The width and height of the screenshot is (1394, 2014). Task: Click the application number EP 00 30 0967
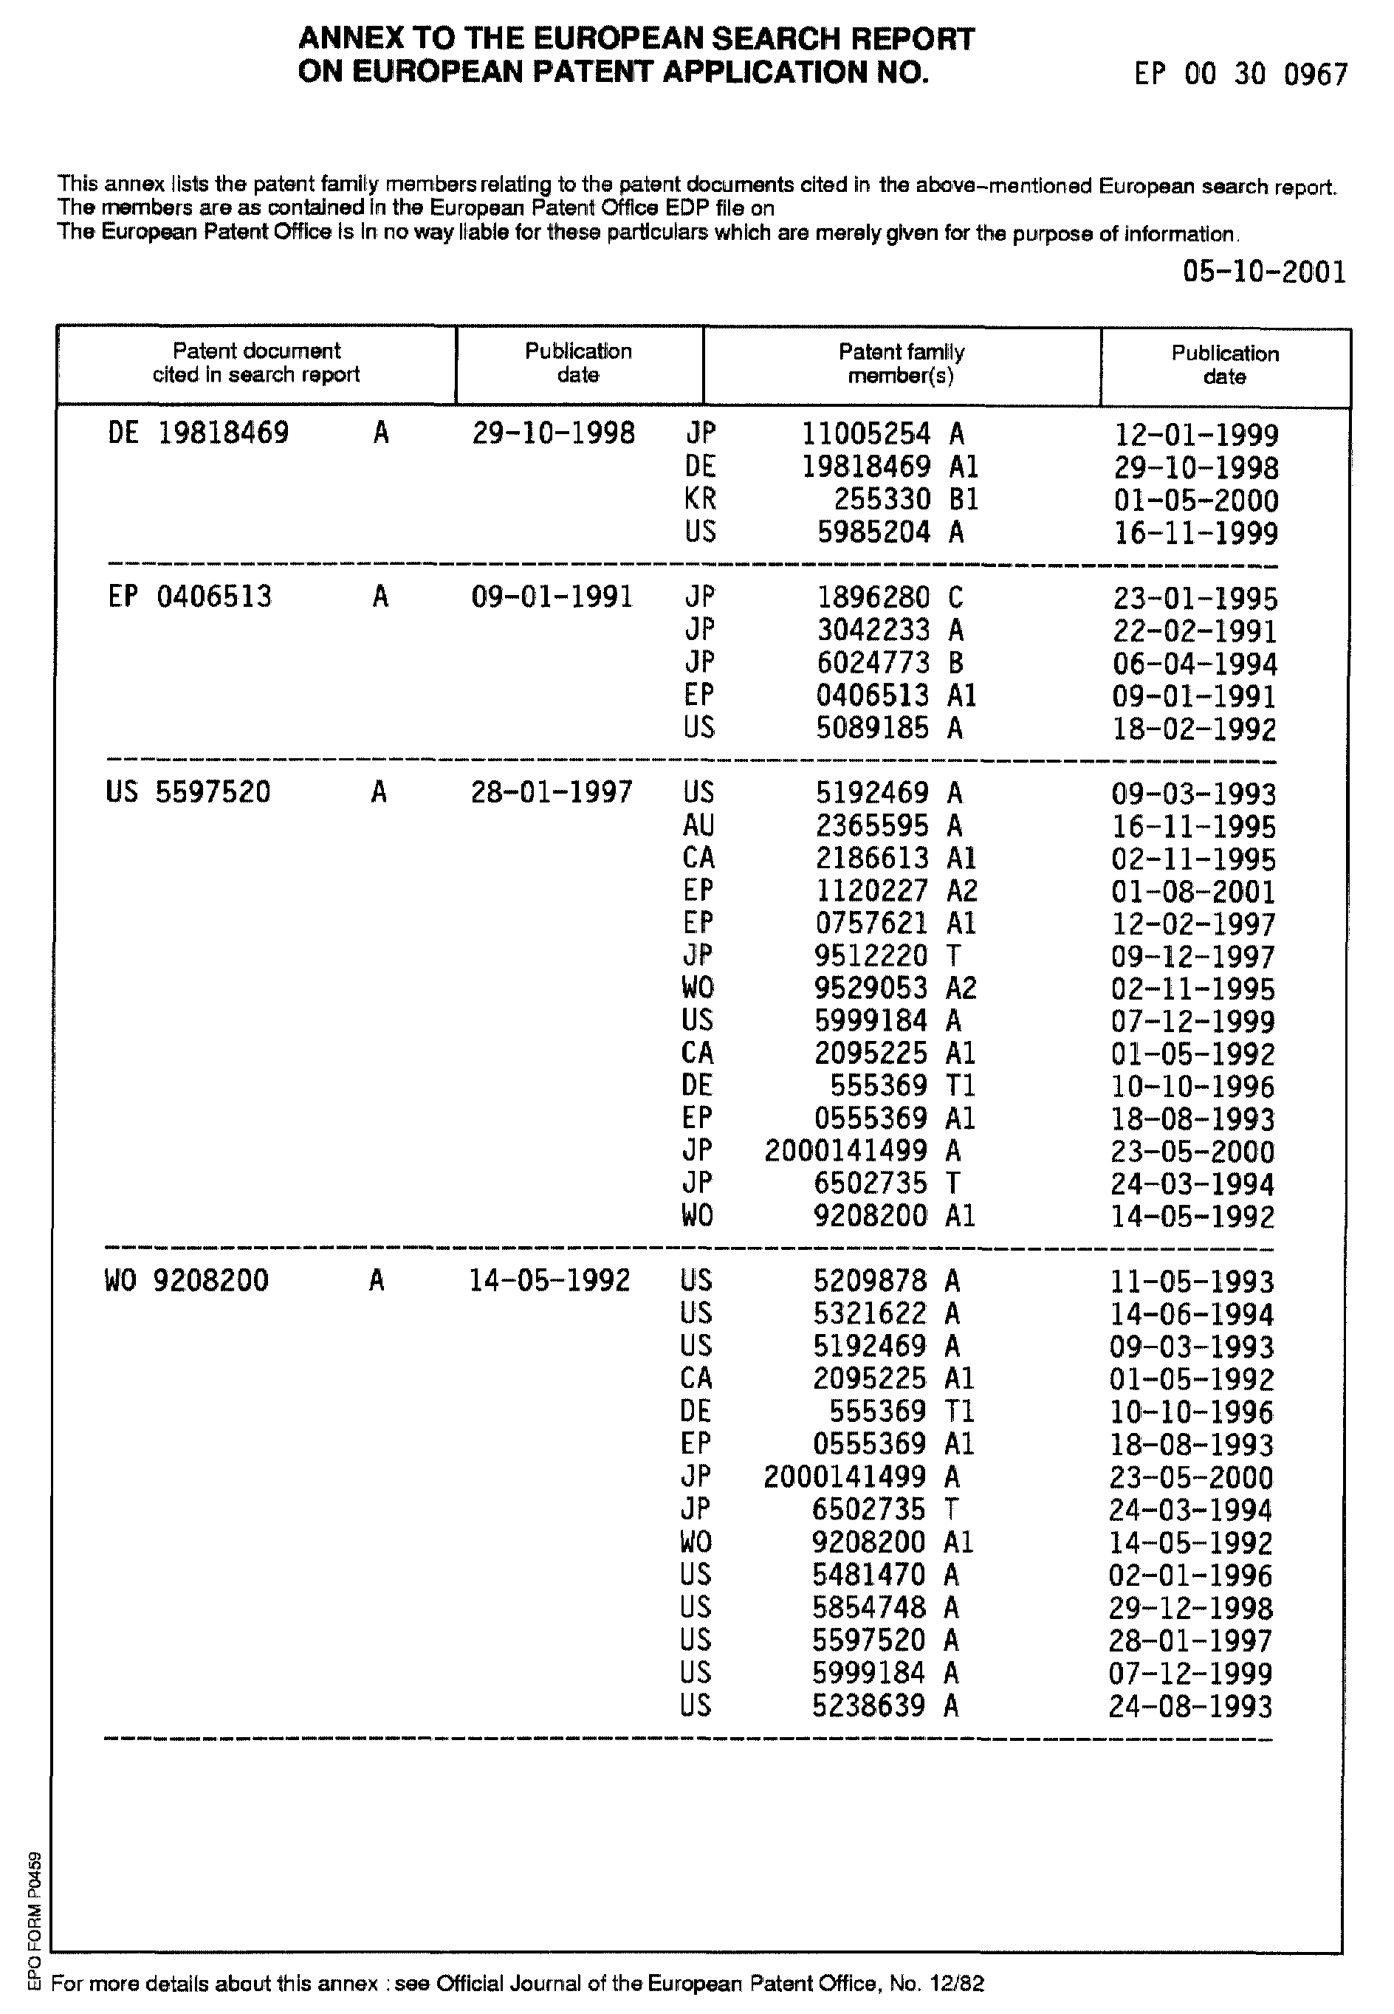(1240, 75)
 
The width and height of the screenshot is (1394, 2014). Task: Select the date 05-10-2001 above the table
(1264, 272)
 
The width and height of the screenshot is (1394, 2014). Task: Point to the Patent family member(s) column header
(901, 364)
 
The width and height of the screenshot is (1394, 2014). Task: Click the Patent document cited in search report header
(256, 363)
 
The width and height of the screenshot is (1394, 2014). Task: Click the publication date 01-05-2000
(1195, 501)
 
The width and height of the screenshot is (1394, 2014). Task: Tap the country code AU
(698, 825)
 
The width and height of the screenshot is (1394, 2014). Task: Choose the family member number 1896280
(873, 597)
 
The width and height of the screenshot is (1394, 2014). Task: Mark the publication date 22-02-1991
(1195, 631)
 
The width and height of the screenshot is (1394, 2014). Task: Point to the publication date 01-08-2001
(1193, 893)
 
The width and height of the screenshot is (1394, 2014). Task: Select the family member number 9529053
(871, 989)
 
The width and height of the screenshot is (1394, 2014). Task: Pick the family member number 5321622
(870, 1313)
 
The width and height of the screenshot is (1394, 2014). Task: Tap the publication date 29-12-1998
(1190, 1609)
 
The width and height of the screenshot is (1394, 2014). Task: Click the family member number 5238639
(868, 1705)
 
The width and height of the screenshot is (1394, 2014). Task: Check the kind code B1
(964, 500)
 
